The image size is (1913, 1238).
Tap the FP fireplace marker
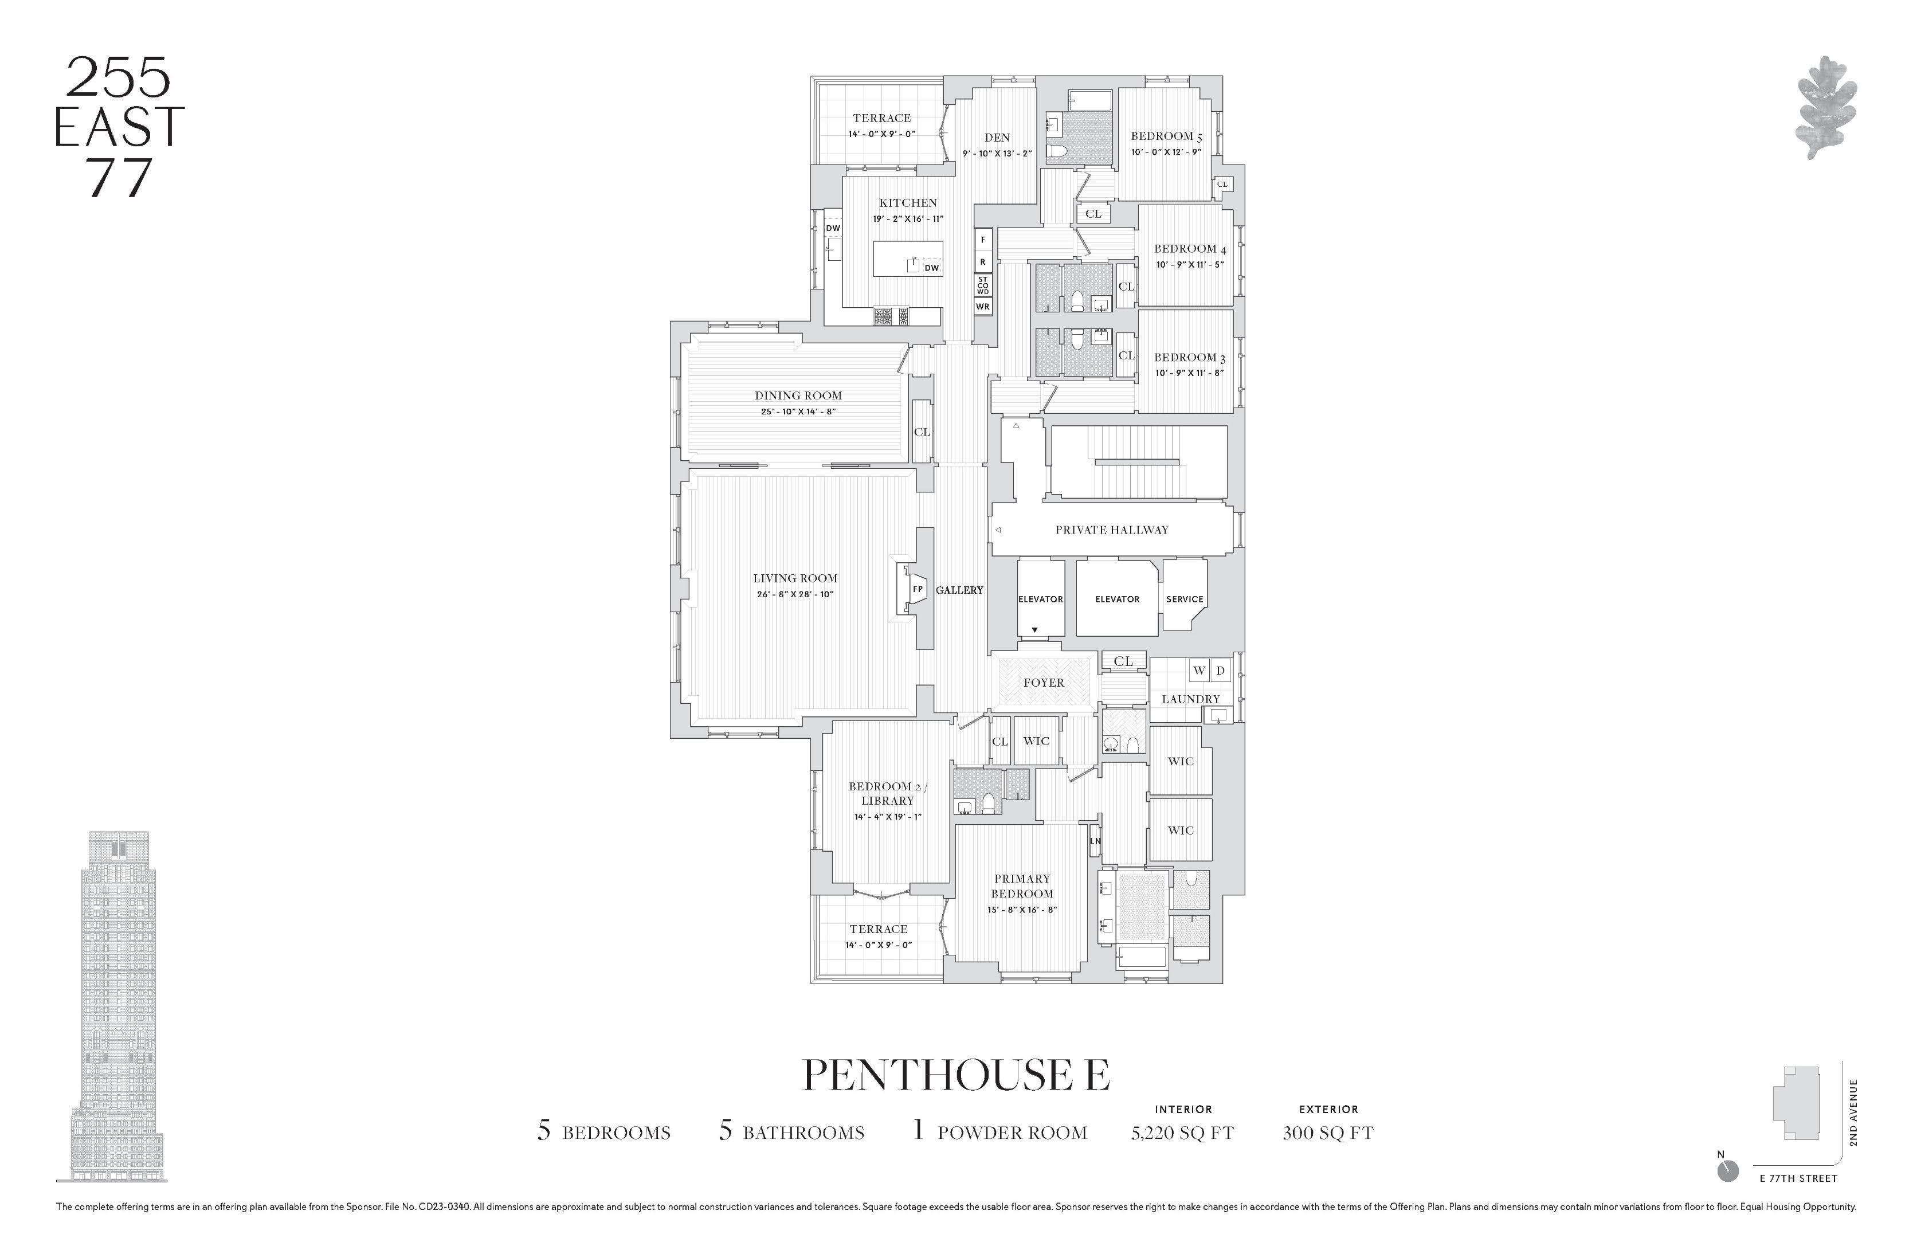[917, 589]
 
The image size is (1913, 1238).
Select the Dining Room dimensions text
[798, 412]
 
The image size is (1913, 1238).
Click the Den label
[997, 138]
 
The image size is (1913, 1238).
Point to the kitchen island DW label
[931, 268]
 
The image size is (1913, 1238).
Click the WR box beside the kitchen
[982, 306]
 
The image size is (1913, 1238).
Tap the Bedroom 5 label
[1166, 136]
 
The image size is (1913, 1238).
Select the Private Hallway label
[1112, 530]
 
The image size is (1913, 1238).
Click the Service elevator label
[1184, 599]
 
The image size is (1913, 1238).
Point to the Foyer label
[1043, 683]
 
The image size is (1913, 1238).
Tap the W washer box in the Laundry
[1198, 671]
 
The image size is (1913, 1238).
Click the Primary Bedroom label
[1022, 886]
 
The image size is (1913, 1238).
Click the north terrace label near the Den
[882, 118]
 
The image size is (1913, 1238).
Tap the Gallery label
[959, 590]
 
